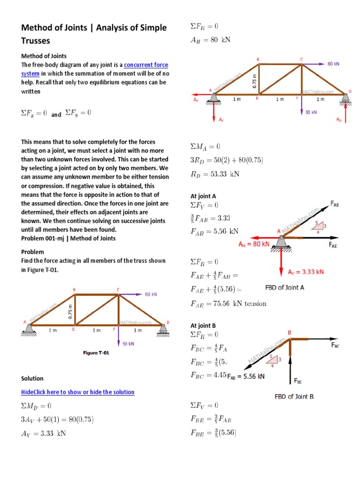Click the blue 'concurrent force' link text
pos(146,65)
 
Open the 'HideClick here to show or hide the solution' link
pos(78,392)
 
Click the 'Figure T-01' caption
pos(96,353)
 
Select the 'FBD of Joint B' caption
pos(294,397)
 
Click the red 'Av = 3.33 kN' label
pos(306,271)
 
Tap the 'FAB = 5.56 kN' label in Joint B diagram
pos(246,376)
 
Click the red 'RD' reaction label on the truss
pos(339,120)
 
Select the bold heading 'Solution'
pos(32,378)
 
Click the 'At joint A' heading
pos(203,196)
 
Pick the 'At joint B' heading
pos(203,325)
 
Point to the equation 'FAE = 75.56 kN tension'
pos(228,303)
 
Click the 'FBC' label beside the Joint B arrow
pos(336,345)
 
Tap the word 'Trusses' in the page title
pos(36,41)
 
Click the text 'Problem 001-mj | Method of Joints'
pos(68,238)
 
